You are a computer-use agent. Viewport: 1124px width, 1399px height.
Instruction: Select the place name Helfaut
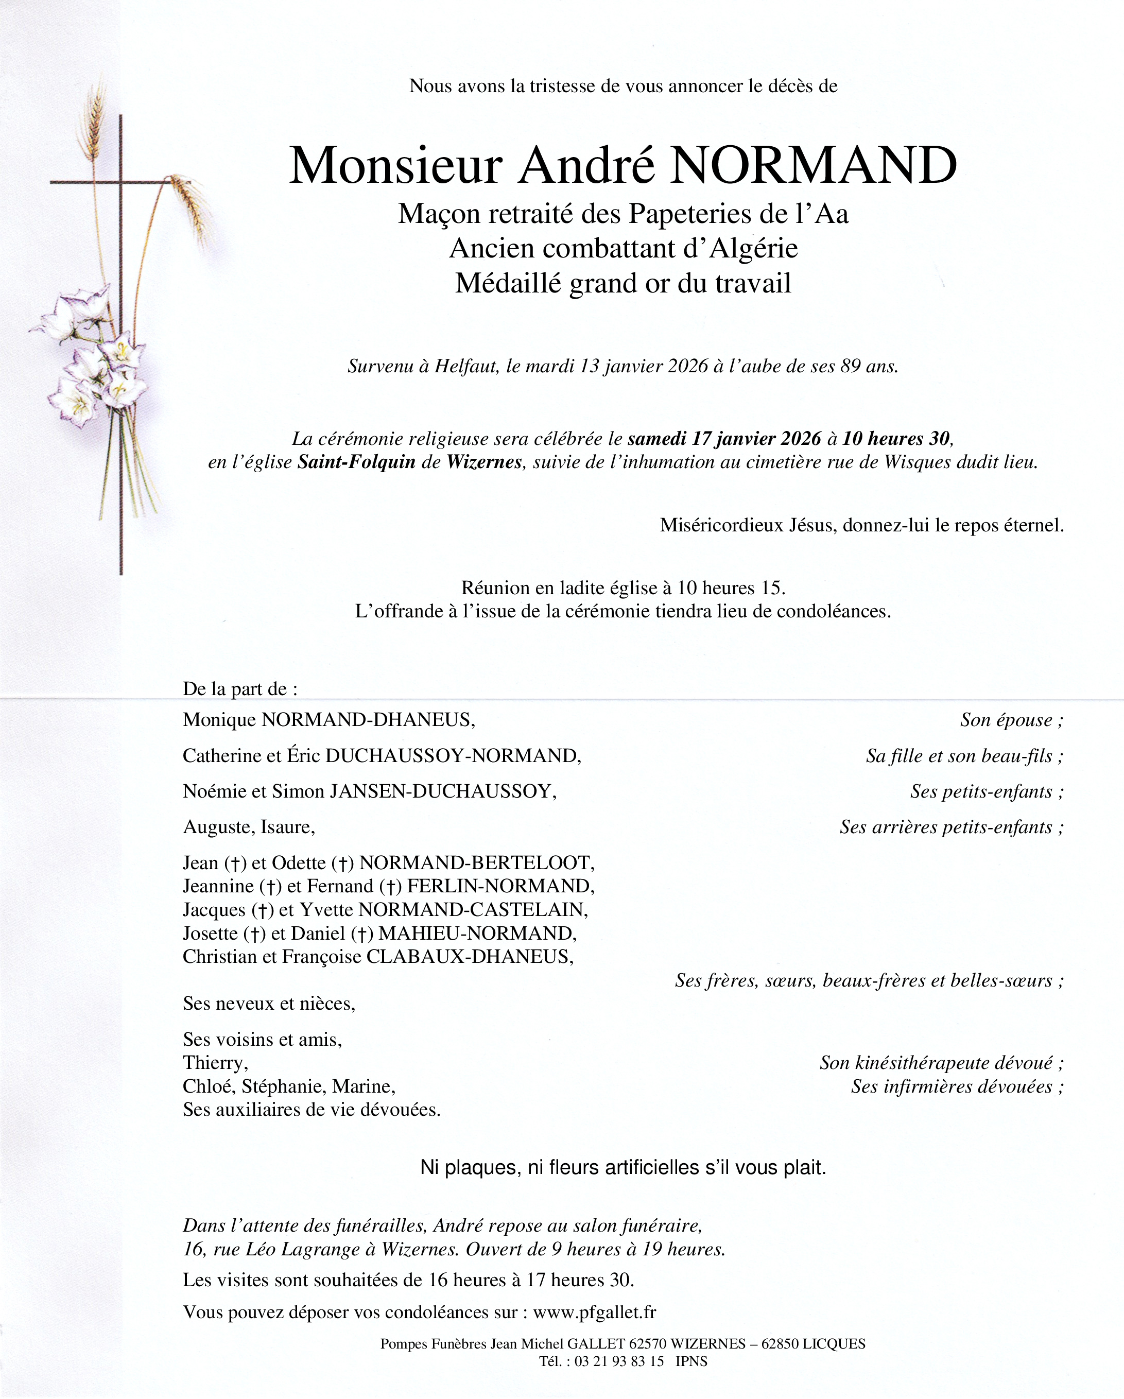click(466, 367)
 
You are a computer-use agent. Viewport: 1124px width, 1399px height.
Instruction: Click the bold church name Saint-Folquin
click(356, 462)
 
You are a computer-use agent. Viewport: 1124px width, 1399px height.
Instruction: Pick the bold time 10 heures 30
click(896, 439)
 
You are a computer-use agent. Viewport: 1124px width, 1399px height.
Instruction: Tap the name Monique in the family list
click(219, 720)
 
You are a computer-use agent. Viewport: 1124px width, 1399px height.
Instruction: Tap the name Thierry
click(215, 1063)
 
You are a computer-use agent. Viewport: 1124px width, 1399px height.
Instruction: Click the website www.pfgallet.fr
click(595, 1312)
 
